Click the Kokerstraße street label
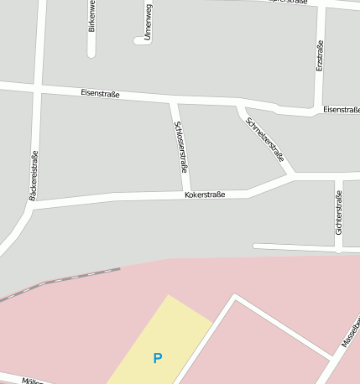[205, 195]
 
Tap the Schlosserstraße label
[180, 147]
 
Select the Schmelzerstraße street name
[265, 139]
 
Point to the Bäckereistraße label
[34, 175]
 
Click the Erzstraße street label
[320, 55]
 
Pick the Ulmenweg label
[148, 22]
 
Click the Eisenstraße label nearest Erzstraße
[341, 110]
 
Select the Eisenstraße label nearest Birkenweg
[101, 94]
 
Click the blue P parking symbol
[157, 358]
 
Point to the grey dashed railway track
[67, 279]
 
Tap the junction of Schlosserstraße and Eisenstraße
[173, 101]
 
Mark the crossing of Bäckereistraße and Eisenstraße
[38, 87]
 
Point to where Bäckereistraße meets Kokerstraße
[32, 205]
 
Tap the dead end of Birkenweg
[91, 54]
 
